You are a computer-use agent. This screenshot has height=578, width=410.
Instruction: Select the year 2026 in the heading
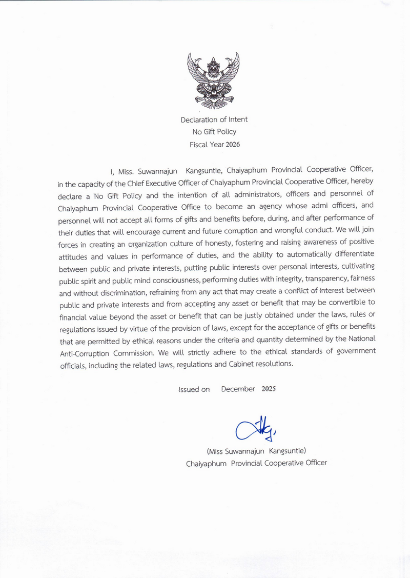pyautogui.click(x=231, y=144)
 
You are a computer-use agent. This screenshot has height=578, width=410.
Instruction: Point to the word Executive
pyautogui.click(x=166, y=182)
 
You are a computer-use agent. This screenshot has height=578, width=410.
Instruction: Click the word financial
pyautogui.click(x=75, y=315)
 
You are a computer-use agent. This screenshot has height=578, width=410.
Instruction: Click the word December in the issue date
pyautogui.click(x=238, y=389)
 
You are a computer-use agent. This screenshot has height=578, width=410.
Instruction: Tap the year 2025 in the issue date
pyautogui.click(x=268, y=389)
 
